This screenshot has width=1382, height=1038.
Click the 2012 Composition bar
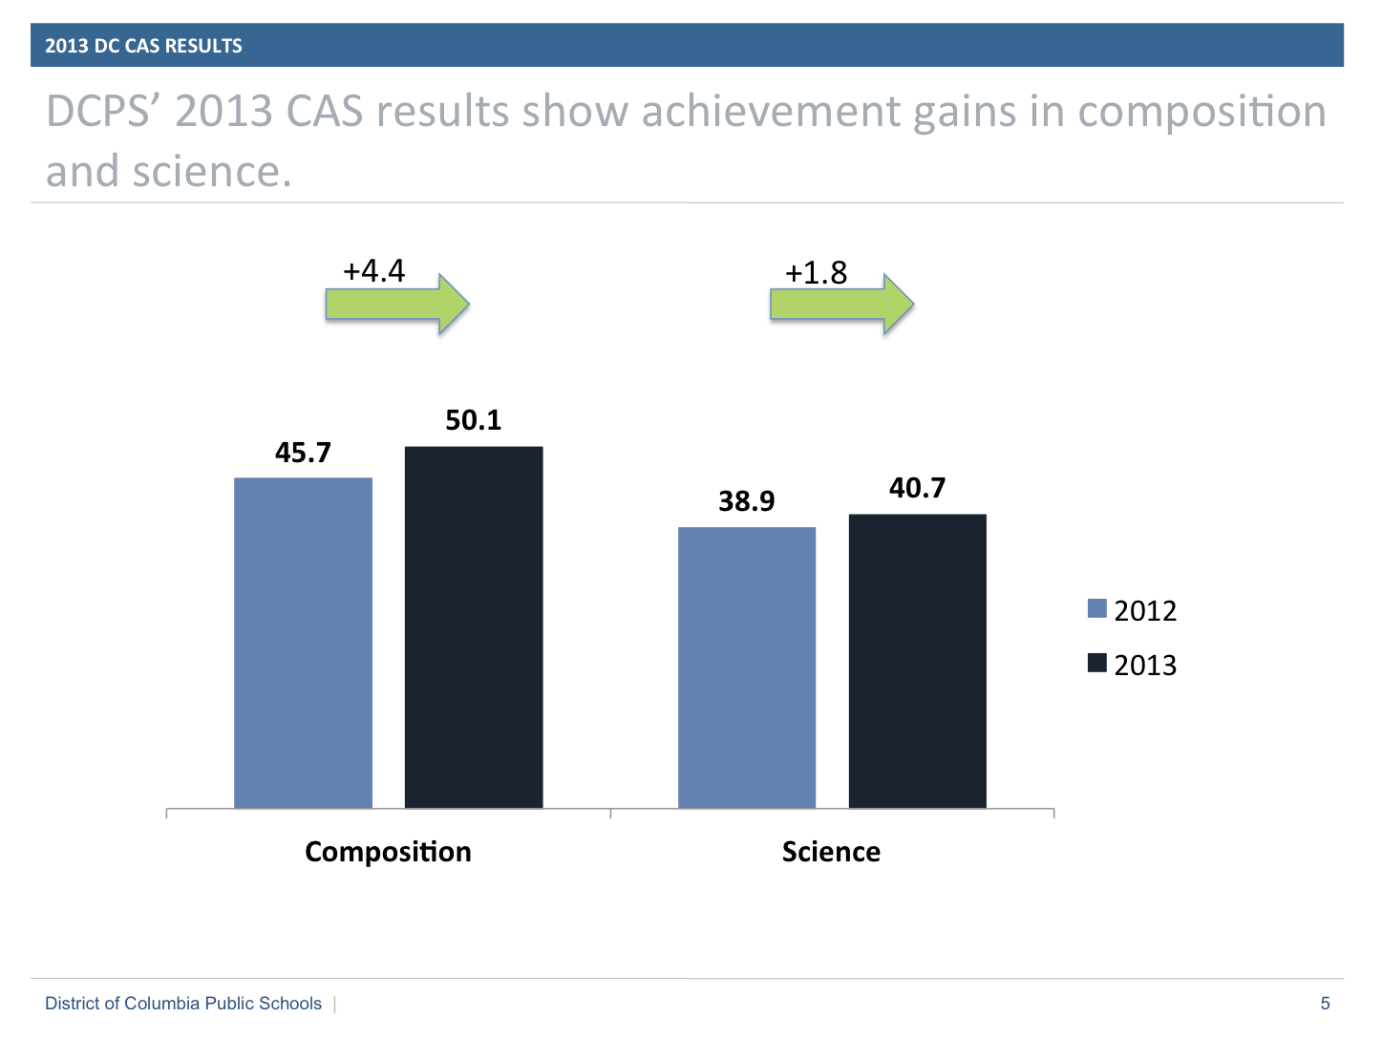[x=303, y=643]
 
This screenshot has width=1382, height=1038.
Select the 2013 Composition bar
[x=474, y=627]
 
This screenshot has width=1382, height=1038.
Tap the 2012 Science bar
[x=747, y=667]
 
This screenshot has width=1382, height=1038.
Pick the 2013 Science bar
[x=917, y=661]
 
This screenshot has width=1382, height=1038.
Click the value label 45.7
[x=303, y=453]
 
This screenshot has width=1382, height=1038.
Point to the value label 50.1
[x=474, y=420]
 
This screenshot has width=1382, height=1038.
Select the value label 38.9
[x=747, y=501]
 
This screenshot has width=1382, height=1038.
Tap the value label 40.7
[x=917, y=488]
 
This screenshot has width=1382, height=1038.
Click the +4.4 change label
[x=374, y=271]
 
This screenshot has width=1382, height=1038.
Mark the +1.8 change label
[x=817, y=273]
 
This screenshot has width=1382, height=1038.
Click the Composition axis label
[x=388, y=852]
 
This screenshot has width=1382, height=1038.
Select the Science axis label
[x=831, y=852]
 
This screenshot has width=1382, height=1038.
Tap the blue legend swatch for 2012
[x=1096, y=608]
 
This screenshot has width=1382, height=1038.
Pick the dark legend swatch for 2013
[x=1096, y=663]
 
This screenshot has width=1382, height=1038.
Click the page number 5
[x=1325, y=1004]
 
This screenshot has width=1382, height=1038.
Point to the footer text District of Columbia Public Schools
[x=183, y=1004]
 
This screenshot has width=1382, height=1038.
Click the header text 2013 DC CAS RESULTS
[x=143, y=46]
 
